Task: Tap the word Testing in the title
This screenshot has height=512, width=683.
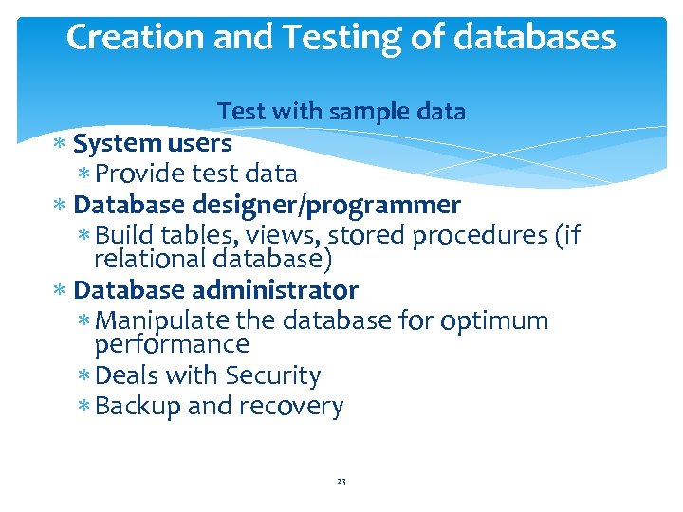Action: pyautogui.click(x=318, y=37)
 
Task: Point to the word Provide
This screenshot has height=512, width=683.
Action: pyautogui.click(x=140, y=174)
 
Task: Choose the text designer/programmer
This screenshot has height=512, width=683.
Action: pyautogui.click(x=328, y=205)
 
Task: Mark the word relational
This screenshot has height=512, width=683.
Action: pyautogui.click(x=151, y=258)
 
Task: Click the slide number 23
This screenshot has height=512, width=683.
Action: pyautogui.click(x=341, y=483)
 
